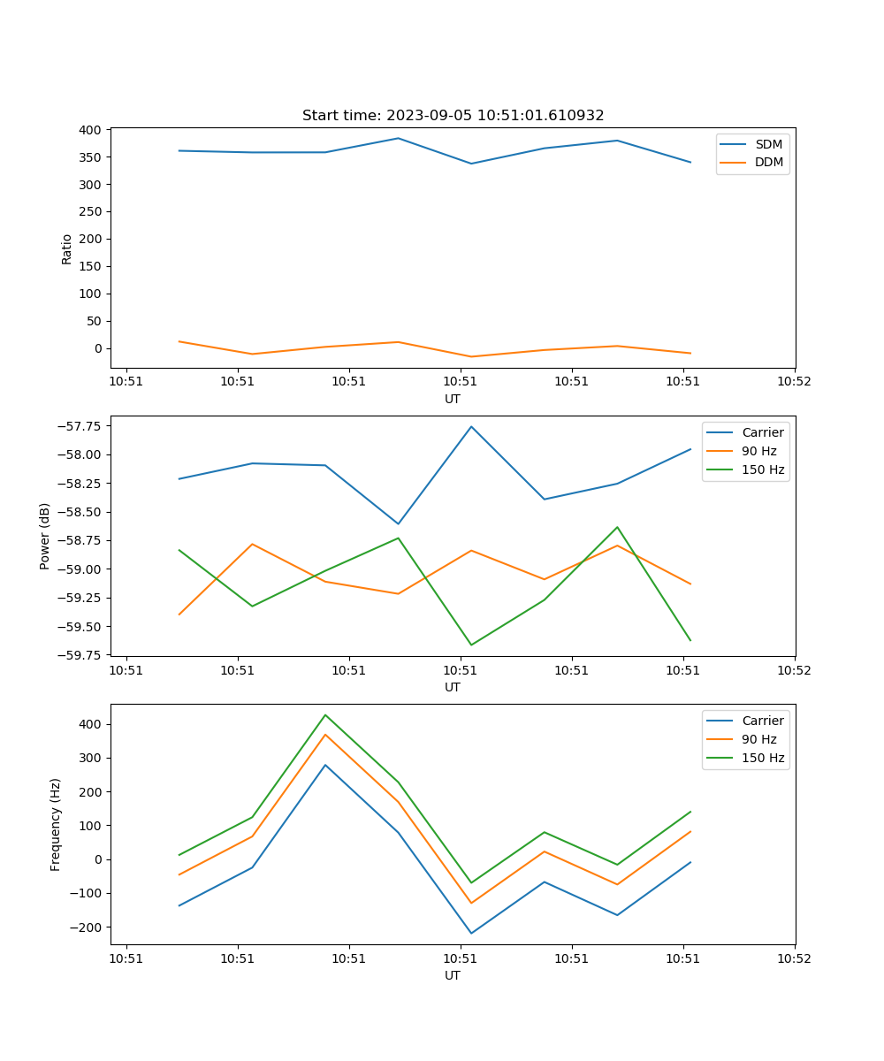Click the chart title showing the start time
pos(453,116)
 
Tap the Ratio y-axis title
pos(67,248)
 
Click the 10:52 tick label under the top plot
pos(794,382)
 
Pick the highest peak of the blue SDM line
pos(398,138)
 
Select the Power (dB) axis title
pos(45,536)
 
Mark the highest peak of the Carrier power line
pos(471,426)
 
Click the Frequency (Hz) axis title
pos(56,824)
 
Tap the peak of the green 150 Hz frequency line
pos(325,714)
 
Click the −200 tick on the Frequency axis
pos(87,927)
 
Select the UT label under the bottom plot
pos(453,975)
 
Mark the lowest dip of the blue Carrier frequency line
pos(471,933)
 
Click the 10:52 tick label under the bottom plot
pos(794,958)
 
